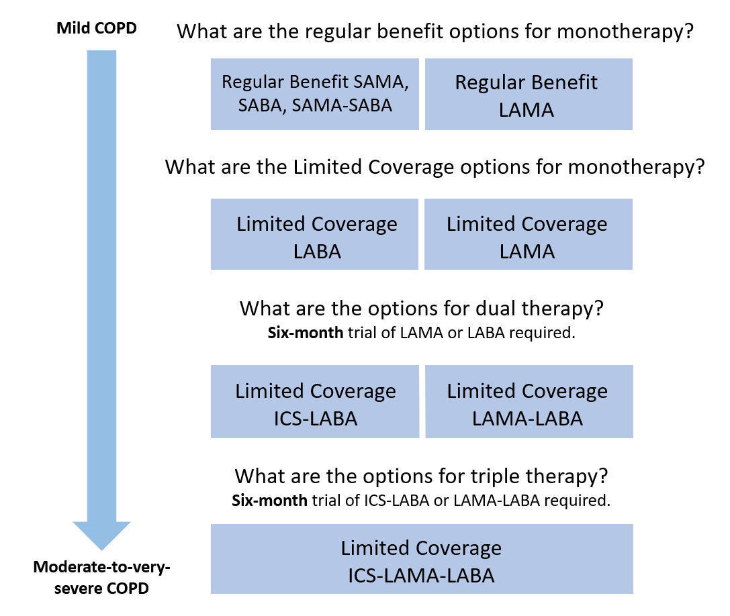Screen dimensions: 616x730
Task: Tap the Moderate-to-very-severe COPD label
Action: [x=102, y=578]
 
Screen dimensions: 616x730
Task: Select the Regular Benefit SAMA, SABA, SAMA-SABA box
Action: [x=314, y=94]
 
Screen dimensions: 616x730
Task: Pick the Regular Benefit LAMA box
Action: [x=529, y=94]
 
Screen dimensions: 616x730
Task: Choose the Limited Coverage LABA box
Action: [x=314, y=234]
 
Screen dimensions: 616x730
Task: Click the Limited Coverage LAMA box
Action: [x=529, y=234]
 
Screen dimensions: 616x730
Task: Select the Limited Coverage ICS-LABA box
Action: [x=314, y=401]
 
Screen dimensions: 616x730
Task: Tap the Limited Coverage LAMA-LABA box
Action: [x=529, y=401]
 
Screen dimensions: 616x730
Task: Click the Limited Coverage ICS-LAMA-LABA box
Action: [x=422, y=559]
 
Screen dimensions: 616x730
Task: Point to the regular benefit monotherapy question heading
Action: [x=435, y=32]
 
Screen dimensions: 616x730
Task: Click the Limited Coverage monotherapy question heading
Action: [x=435, y=166]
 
